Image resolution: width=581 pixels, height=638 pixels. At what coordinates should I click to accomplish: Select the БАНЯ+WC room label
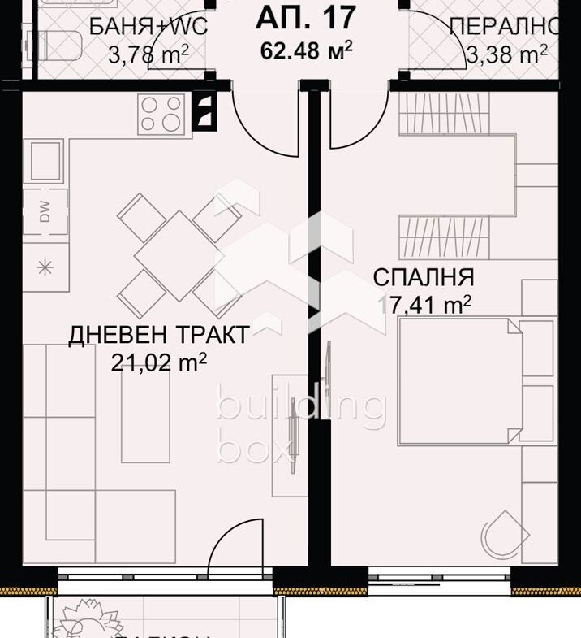pyautogui.click(x=148, y=26)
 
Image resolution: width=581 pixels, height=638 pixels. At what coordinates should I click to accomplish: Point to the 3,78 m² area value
pyautogui.click(x=148, y=54)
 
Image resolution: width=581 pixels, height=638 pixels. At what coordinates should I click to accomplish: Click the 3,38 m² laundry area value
pyautogui.click(x=506, y=54)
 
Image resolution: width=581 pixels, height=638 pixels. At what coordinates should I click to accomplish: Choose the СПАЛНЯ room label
pyautogui.click(x=423, y=277)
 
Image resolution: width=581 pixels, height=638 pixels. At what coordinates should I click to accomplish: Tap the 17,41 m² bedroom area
pyautogui.click(x=424, y=306)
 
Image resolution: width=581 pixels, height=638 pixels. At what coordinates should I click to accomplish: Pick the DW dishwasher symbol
pyautogui.click(x=45, y=214)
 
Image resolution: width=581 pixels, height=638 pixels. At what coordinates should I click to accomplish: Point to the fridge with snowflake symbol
pyautogui.click(x=45, y=266)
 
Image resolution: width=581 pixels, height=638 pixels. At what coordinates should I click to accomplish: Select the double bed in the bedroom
pyautogui.click(x=458, y=381)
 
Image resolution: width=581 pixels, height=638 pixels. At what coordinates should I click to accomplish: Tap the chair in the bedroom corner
pyautogui.click(x=506, y=533)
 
